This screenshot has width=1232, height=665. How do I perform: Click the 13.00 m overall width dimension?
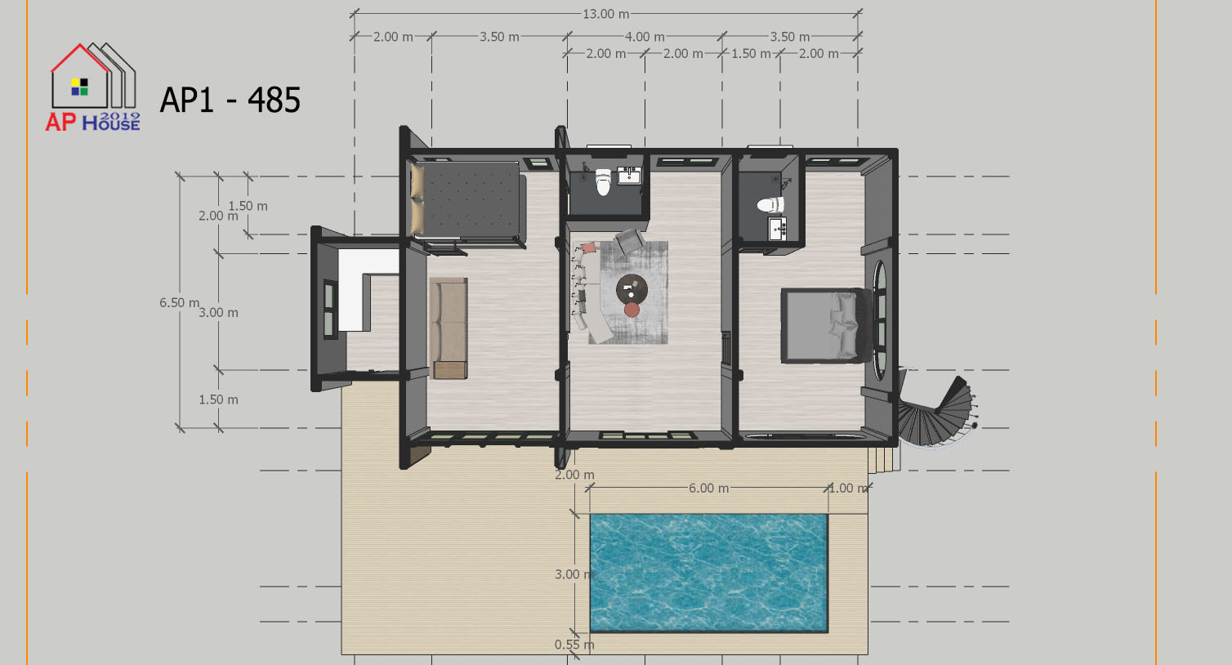pos(605,14)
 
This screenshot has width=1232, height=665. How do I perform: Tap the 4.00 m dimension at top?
pos(645,37)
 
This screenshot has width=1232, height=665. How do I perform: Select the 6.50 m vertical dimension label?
pos(179,302)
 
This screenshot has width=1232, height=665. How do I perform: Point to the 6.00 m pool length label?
pos(708,489)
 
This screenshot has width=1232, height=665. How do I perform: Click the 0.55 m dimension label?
pos(574,645)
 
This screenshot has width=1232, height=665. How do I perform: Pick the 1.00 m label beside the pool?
pos(849,489)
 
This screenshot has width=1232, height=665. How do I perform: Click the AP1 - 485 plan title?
pos(230,100)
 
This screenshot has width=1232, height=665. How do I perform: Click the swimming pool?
pos(708,574)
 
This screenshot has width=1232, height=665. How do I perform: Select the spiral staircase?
pos(935,413)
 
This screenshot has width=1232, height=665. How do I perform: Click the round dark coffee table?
pos(632,288)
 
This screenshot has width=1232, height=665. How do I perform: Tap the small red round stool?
pos(632,310)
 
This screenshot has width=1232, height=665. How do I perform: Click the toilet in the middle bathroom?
pos(604,182)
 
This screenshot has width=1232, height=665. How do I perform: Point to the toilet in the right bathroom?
pos(770,205)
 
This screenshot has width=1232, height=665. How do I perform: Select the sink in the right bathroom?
pos(778,229)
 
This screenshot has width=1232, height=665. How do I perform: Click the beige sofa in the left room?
pos(449,328)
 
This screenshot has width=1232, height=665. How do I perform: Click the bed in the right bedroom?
pos(825,326)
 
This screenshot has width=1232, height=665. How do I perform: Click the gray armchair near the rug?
pos(630,241)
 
